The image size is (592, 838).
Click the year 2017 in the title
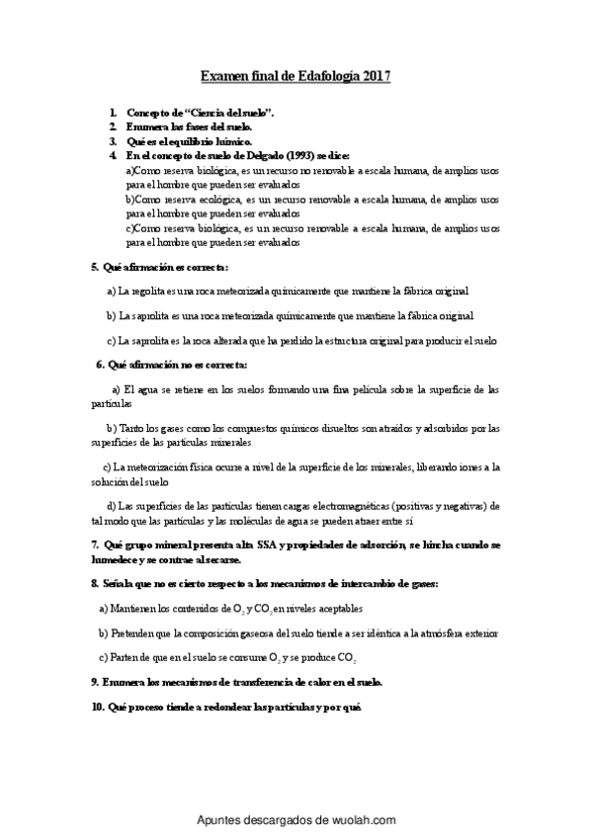(377, 75)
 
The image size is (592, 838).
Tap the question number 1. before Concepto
(114, 115)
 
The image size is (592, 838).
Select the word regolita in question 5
(148, 292)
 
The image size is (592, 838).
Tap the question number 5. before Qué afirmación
(94, 267)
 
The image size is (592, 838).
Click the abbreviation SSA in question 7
(281, 545)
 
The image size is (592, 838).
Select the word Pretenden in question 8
(133, 632)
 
